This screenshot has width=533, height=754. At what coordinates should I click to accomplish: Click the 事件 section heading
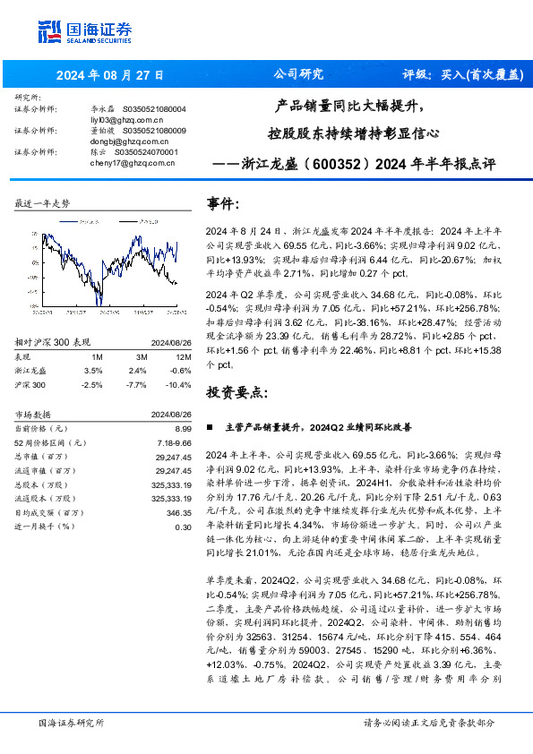(224, 204)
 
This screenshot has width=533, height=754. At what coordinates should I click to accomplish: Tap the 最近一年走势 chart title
(42, 204)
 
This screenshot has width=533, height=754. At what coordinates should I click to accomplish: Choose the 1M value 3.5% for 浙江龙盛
(93, 345)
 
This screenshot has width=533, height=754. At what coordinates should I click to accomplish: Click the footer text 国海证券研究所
(71, 722)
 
